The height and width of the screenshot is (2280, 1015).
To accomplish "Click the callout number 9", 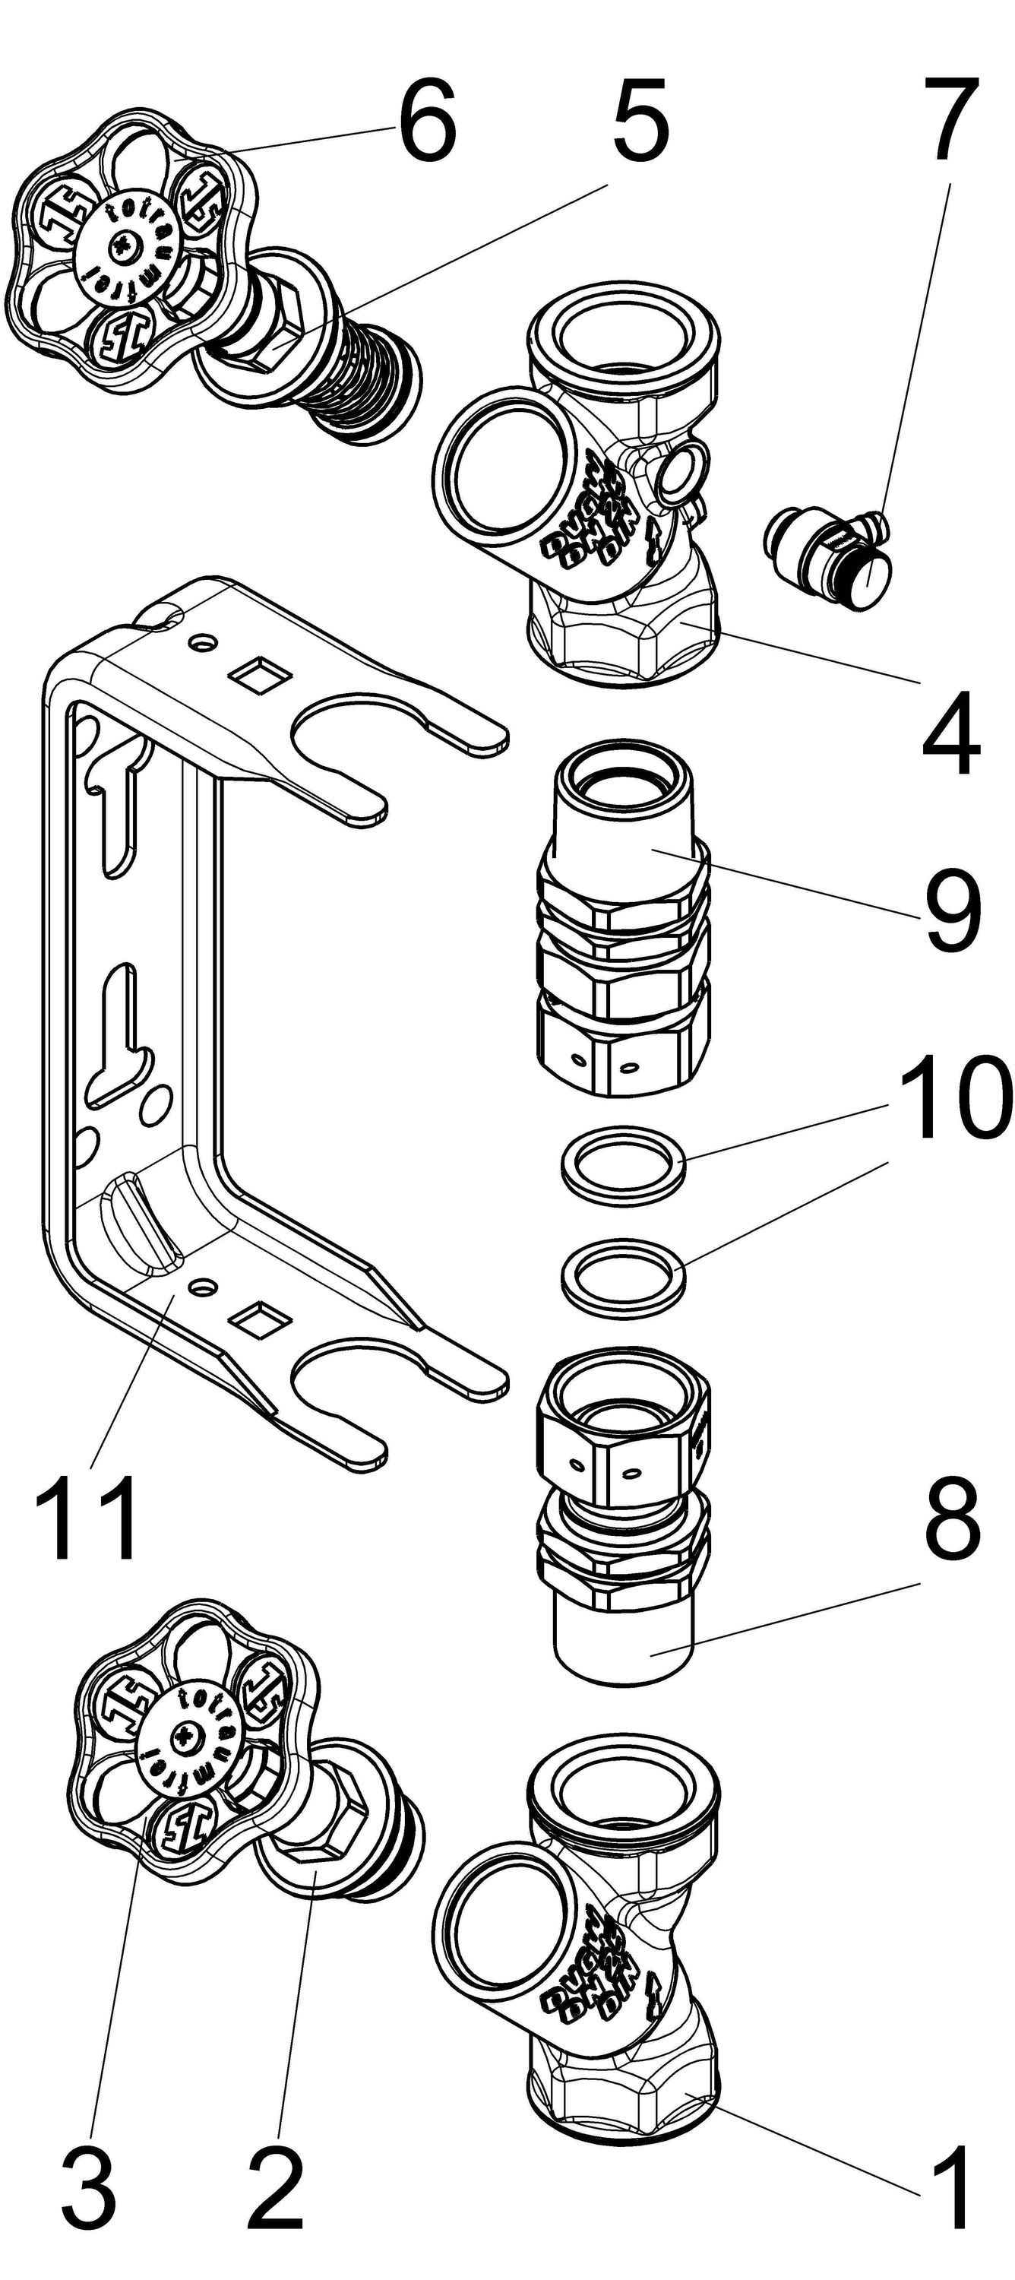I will pyautogui.click(x=951, y=912).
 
